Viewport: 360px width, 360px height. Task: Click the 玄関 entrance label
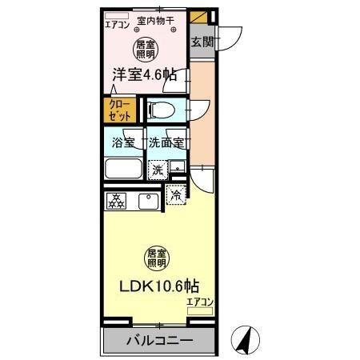tap(202, 41)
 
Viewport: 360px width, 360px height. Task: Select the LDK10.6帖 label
tap(160, 285)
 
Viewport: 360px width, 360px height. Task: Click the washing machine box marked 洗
tap(159, 169)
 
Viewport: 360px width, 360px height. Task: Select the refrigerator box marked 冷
tap(175, 194)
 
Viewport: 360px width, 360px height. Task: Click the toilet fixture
tap(162, 110)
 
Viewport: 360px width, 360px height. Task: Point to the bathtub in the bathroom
tap(123, 170)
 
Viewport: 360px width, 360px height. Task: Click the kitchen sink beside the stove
tap(147, 201)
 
